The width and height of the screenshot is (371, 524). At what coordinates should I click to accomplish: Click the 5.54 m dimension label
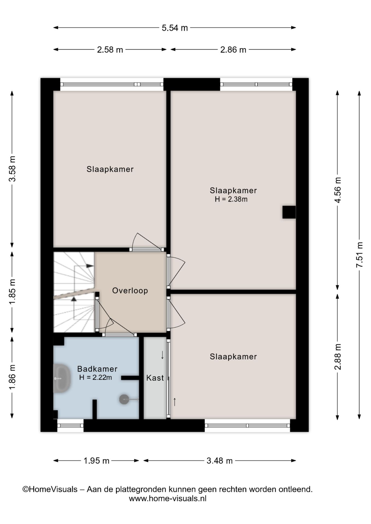point(175,28)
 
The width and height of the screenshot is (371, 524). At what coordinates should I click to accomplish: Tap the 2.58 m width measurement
point(110,50)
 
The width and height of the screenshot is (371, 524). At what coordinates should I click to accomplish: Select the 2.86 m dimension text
point(233,50)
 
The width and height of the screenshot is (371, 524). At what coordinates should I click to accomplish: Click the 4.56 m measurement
point(338,190)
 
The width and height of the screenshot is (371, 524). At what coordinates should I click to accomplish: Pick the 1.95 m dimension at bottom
point(96,461)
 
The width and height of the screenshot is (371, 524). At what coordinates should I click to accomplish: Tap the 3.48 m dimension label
point(219,461)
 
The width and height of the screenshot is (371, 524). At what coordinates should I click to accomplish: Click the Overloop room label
point(130,290)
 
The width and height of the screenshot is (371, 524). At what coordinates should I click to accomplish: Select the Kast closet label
point(155,378)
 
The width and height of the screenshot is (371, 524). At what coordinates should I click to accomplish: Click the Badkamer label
point(97,369)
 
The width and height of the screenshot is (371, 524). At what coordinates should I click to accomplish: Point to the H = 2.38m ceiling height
point(231,199)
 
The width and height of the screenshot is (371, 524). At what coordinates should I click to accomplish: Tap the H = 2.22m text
point(96,377)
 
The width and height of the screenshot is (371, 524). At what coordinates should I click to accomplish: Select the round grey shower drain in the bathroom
point(124,399)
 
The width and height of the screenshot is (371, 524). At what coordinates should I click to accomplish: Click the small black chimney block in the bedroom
point(289,212)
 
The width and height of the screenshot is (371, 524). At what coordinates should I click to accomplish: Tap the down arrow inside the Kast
point(162,355)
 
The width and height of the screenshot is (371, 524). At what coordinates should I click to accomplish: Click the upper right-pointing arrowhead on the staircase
point(89,266)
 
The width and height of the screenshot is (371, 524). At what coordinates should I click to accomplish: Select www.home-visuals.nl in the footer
point(167,499)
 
